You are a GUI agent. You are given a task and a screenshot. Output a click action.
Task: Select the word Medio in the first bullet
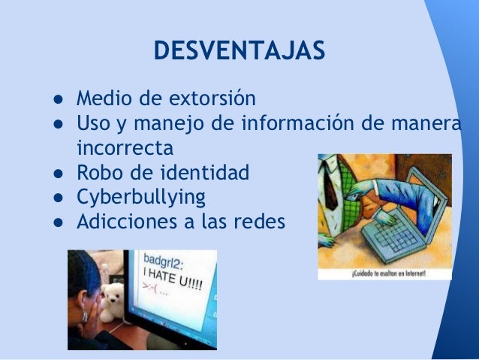(104, 98)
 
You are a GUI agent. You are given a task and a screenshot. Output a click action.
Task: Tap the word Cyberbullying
(140, 198)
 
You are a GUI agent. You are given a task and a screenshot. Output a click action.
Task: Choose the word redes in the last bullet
(261, 222)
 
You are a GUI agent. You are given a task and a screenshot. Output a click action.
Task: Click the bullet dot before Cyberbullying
(57, 198)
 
